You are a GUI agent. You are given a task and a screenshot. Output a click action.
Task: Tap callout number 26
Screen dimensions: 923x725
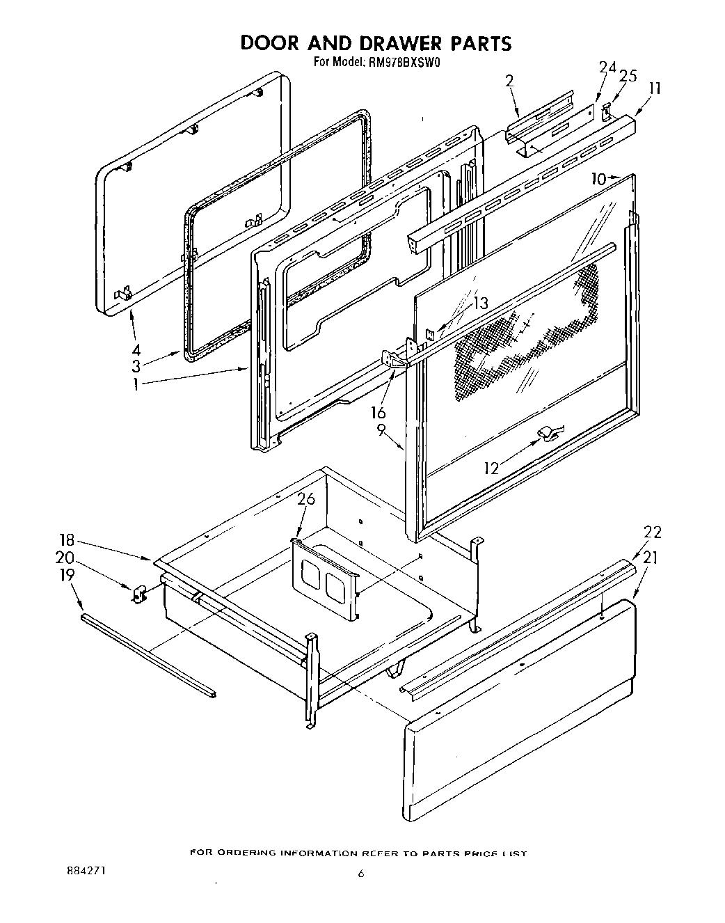[x=306, y=499]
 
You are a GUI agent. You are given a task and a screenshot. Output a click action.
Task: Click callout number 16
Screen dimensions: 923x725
[x=379, y=413]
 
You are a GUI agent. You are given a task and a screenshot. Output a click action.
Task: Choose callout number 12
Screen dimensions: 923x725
[x=492, y=468]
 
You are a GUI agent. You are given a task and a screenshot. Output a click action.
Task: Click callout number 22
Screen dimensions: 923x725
[x=653, y=532]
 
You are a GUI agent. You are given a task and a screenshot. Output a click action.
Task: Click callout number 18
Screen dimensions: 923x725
[x=67, y=539]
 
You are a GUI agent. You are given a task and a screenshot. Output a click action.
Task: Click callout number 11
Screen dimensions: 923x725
[x=654, y=88]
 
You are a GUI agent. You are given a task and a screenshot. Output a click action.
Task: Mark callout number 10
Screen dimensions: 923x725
[x=599, y=179]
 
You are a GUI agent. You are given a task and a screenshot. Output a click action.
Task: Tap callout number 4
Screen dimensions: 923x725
[x=137, y=349]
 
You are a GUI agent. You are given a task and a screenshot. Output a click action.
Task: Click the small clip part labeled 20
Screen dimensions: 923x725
[x=138, y=594]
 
